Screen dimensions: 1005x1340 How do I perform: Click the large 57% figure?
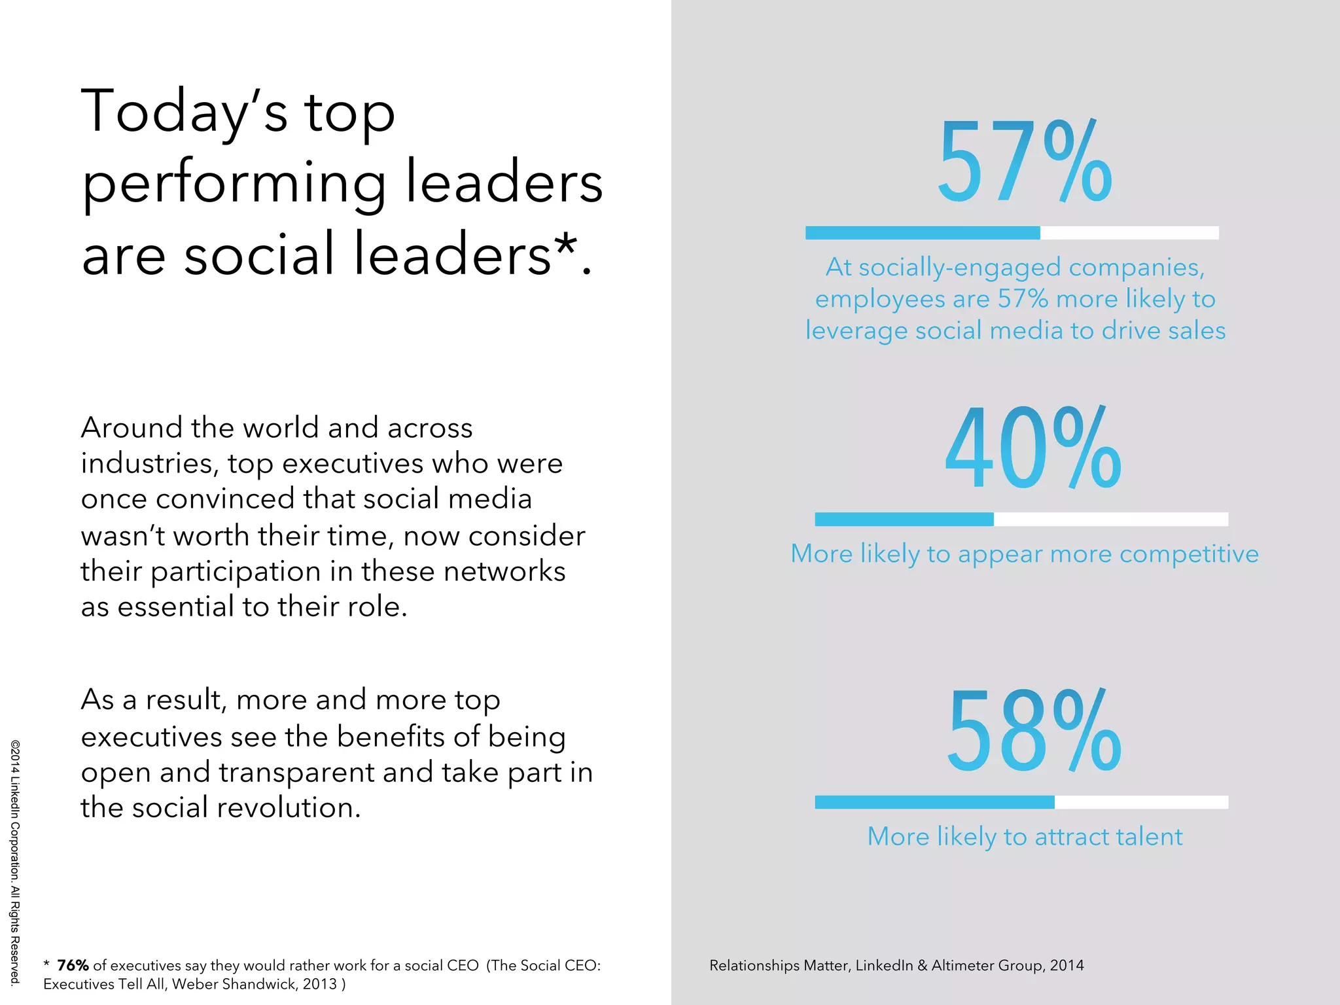(1024, 162)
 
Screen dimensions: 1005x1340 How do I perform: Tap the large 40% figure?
(1032, 449)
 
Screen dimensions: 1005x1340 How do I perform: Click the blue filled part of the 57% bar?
(923, 233)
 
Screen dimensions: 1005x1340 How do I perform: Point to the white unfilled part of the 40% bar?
(1110, 520)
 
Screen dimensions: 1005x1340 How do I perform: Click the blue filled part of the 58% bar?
(934, 802)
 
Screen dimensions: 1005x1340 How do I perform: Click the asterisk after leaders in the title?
(566, 246)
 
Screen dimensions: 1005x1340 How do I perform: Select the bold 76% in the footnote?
(73, 965)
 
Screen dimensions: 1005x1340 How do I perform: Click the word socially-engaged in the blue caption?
(961, 268)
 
